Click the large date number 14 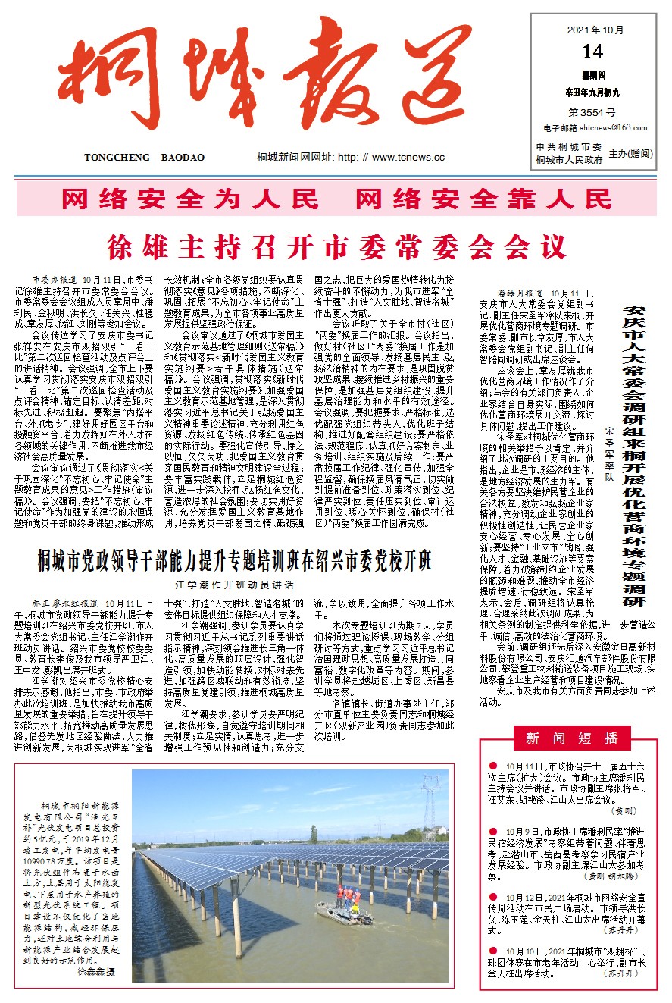593,52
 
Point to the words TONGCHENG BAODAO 144,157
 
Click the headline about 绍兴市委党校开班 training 235,562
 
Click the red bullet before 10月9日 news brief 493,832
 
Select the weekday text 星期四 593,76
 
